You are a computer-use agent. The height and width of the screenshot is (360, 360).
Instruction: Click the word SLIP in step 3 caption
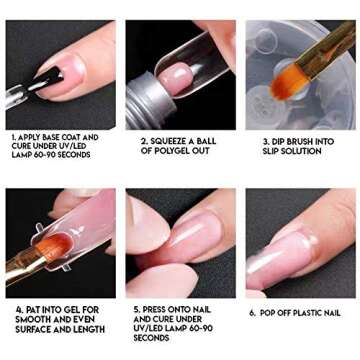[271, 151]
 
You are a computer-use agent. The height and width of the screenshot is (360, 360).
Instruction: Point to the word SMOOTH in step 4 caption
[31, 319]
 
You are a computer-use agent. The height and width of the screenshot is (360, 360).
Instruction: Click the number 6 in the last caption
[252, 313]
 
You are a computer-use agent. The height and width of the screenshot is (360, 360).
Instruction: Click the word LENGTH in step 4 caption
[87, 328]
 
